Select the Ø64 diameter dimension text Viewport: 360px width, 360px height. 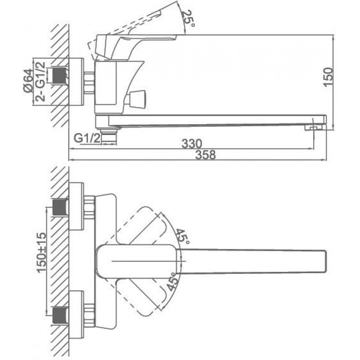28,81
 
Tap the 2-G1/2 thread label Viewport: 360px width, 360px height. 40,81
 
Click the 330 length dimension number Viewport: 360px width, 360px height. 192,144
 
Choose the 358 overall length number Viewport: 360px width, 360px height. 206,154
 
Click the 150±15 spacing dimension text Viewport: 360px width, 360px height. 41,253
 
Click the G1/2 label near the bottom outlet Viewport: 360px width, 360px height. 87,138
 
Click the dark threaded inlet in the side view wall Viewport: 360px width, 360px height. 61,76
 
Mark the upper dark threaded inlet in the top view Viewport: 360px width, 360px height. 60,207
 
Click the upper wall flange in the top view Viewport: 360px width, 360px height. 76,207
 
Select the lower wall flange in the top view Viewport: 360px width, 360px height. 76,315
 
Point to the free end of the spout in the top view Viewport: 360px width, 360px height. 325,262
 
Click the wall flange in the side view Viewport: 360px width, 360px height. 76,82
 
